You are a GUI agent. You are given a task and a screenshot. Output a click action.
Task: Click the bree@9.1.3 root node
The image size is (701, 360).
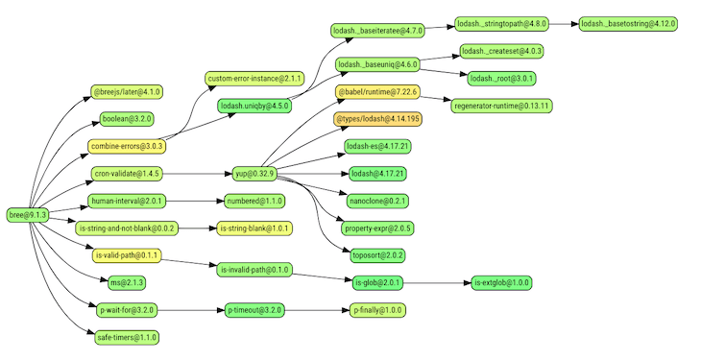click(x=27, y=214)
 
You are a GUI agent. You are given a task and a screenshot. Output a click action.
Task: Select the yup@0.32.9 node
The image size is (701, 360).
click(x=254, y=174)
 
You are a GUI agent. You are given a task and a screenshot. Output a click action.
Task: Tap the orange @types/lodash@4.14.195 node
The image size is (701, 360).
click(x=377, y=120)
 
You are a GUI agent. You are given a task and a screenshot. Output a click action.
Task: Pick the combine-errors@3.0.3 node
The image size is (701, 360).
click(x=127, y=147)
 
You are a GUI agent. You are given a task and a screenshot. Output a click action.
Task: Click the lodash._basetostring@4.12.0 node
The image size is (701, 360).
click(x=629, y=23)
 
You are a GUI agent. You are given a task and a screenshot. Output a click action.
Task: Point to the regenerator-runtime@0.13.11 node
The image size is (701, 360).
click(x=501, y=105)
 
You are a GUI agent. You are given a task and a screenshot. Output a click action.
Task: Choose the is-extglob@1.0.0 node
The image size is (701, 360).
click(x=501, y=282)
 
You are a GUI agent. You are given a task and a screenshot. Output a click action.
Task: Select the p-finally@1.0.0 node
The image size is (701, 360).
click(x=378, y=310)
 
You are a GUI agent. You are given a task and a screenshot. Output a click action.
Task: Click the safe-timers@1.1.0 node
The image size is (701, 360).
click(x=128, y=337)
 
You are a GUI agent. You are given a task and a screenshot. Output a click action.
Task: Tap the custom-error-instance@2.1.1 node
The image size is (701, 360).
click(x=254, y=78)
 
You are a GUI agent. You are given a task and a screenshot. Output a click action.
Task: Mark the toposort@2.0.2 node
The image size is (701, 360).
click(x=377, y=255)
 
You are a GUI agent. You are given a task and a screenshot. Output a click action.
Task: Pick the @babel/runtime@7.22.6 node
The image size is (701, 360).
click(x=377, y=92)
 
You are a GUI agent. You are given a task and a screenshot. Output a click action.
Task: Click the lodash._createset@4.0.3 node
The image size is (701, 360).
click(x=501, y=51)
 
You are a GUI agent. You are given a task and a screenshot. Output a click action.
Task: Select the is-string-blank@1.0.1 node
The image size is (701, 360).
click(x=254, y=228)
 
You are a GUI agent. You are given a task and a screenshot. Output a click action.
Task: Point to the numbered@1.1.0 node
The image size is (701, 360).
click(x=254, y=202)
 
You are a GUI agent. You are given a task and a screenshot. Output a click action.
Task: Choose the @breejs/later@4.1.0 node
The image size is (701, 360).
click(x=128, y=92)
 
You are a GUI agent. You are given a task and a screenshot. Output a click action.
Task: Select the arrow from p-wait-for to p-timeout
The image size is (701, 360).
click(x=189, y=310)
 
